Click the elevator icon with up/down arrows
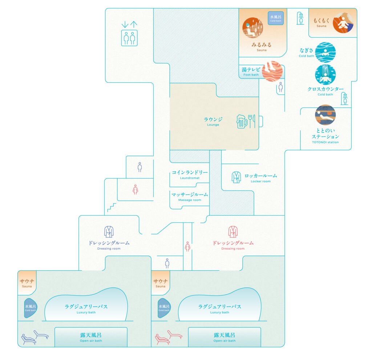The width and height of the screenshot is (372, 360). [x=129, y=34]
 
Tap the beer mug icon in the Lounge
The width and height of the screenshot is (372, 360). [x=242, y=121]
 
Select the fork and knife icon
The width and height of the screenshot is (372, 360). [x=252, y=121]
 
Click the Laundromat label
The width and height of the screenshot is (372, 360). [x=190, y=175]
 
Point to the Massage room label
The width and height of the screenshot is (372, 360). [x=190, y=197]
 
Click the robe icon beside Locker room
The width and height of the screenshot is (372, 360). [x=236, y=177]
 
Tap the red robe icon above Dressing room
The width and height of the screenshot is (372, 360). [x=233, y=232]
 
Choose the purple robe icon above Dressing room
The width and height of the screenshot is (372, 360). [x=109, y=232]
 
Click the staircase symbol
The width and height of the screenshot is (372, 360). [x=112, y=208]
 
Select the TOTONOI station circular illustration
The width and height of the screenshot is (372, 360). [x=325, y=115]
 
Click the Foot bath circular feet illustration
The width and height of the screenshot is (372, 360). [x=272, y=71]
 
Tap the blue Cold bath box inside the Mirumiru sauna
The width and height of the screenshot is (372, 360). [x=276, y=18]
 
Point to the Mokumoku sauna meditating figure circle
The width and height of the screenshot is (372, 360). [x=343, y=23]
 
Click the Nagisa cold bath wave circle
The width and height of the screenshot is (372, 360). [x=325, y=53]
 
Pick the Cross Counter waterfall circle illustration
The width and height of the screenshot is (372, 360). [x=325, y=75]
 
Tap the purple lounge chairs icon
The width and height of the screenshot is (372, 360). [x=35, y=337]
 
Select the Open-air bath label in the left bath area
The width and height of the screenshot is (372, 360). [x=91, y=337]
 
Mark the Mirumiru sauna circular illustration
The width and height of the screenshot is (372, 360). [x=253, y=28]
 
